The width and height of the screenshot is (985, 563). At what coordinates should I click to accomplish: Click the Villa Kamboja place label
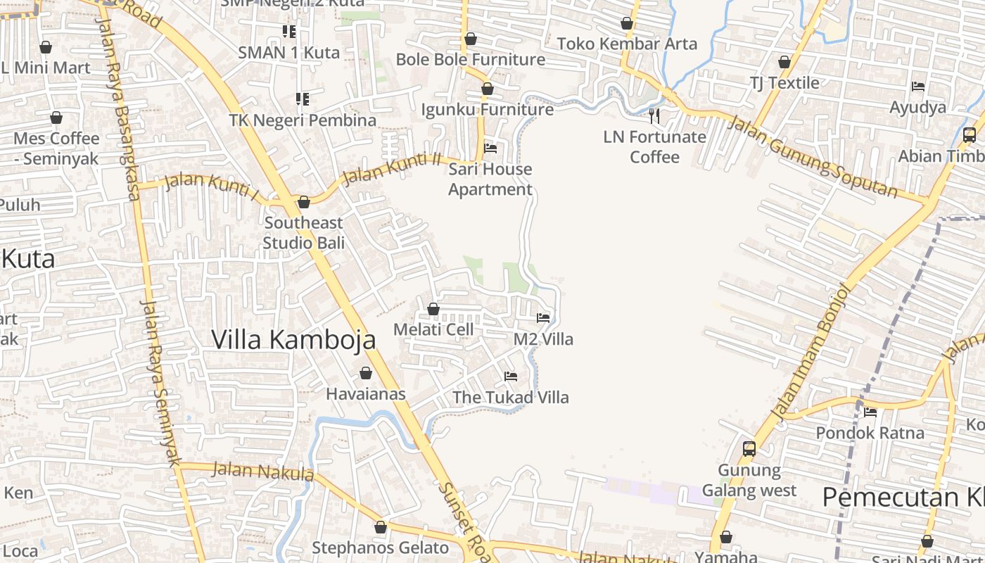[293, 339]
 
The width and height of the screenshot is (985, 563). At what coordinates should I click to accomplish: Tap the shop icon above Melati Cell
[433, 309]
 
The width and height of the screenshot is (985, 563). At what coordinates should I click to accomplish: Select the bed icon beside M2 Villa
[543, 318]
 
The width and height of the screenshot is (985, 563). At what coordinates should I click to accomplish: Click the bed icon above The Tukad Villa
[511, 377]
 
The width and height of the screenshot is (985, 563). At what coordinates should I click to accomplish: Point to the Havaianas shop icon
[366, 373]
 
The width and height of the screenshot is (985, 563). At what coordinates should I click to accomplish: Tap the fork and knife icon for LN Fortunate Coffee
[654, 115]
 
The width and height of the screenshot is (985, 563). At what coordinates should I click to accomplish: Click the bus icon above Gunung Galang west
[749, 448]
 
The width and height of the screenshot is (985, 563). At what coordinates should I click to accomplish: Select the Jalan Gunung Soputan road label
[813, 157]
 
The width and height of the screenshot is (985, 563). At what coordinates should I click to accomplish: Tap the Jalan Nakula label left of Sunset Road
[263, 471]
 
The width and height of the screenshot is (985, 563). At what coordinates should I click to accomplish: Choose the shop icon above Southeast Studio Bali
[304, 203]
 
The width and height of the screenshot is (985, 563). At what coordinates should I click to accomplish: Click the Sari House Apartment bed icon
[490, 148]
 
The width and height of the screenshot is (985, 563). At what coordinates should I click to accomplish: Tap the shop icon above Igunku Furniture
[487, 89]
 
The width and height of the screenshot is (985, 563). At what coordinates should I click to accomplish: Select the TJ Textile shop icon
[784, 62]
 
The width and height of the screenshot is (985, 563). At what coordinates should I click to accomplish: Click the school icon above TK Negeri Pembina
[303, 99]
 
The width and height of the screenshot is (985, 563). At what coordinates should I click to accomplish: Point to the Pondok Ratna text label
[870, 433]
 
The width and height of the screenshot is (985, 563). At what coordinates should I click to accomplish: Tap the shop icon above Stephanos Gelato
[381, 527]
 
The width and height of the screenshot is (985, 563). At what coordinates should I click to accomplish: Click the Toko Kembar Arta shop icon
[627, 24]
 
